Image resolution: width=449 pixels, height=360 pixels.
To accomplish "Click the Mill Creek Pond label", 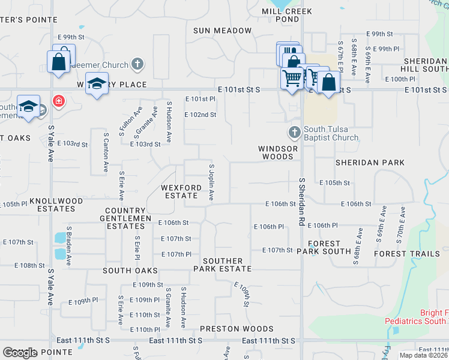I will coord(280,15).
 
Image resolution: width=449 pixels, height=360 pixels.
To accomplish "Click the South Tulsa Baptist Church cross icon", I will coord(294,131).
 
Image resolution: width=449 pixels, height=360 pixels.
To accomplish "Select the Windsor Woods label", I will coord(276,152).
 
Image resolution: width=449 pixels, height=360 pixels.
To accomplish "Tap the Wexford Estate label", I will coord(181,191).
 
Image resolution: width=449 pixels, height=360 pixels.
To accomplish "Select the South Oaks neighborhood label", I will coord(125,271).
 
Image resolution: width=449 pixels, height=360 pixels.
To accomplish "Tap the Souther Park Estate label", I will coord(222,265).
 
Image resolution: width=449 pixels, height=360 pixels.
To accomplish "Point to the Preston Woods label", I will coord(237,329).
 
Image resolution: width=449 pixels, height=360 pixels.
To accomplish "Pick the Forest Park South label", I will coord(328,248).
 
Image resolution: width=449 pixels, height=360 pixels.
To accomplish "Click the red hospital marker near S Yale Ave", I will coord(58,101).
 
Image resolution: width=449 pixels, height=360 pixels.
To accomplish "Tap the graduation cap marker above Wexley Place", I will coord(96,83).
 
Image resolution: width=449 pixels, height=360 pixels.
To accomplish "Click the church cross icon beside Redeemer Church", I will coord(137,64).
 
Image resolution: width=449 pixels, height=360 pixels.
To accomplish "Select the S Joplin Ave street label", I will coord(211,182).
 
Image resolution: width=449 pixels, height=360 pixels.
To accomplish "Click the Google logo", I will coord(20,353).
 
